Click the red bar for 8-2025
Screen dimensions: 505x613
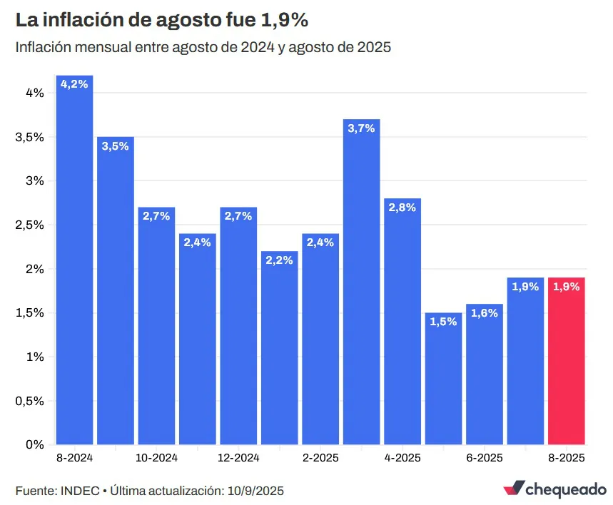click(566, 364)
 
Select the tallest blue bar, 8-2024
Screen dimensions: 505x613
click(74, 264)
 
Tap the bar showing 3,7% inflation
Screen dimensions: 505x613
click(361, 285)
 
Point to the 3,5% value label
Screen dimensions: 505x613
click(115, 146)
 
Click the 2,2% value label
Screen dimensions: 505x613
click(279, 260)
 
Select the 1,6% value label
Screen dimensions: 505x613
click(484, 313)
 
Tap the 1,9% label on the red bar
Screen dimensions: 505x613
click(566, 287)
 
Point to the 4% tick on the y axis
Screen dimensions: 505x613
click(34, 93)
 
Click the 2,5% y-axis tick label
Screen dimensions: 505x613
click(30, 225)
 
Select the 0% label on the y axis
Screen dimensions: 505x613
click(34, 444)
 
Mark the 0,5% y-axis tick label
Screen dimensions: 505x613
click(30, 401)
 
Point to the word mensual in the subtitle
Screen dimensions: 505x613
click(101, 48)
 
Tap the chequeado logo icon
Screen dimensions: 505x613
click(512, 489)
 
